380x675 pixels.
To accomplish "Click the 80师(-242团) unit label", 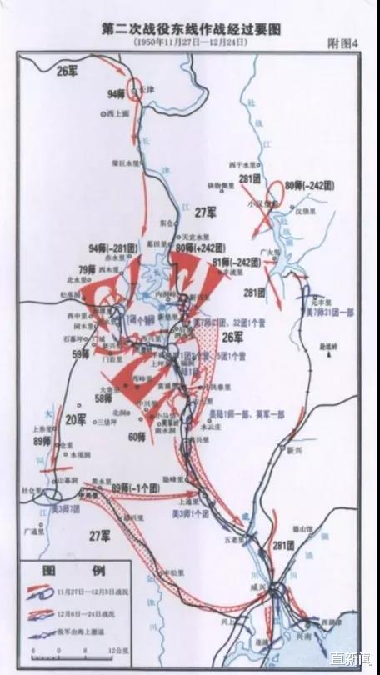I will click(308, 183).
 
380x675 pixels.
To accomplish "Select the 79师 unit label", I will click(87, 270).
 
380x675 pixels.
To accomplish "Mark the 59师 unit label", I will click(81, 353).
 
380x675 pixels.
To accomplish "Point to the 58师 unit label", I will click(104, 398).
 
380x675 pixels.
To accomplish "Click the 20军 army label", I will click(76, 419).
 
